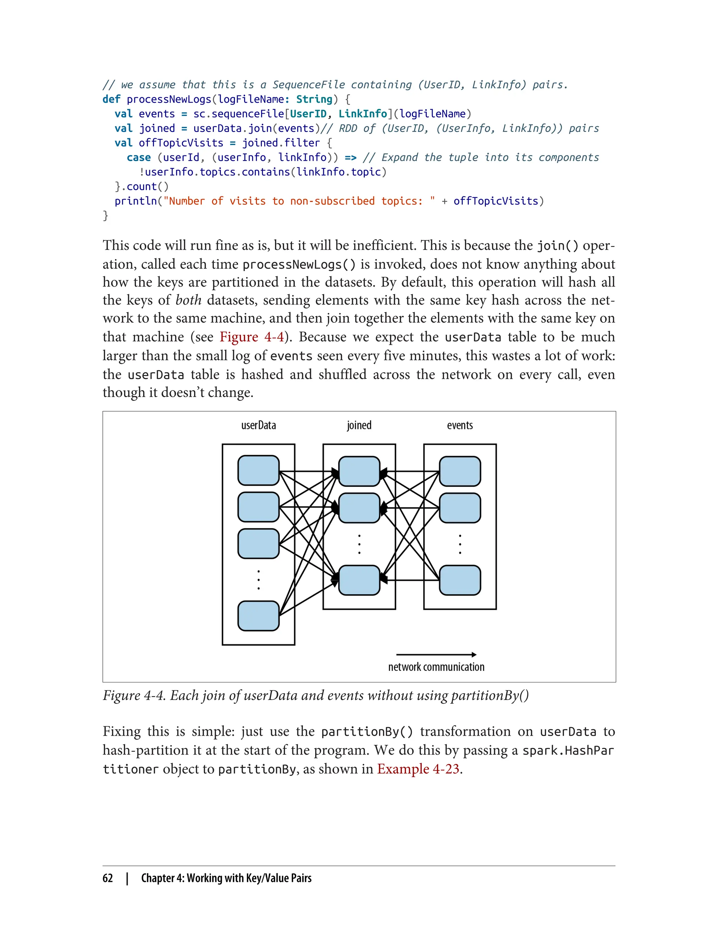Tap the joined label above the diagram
[x=359, y=426]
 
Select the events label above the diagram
[x=460, y=426]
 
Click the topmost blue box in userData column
[x=259, y=470]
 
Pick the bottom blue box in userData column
[x=259, y=616]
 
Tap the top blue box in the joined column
[x=359, y=471]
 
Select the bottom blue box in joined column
[x=359, y=580]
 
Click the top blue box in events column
[x=460, y=471]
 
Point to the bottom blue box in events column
[x=460, y=580]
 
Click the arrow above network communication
[x=436, y=655]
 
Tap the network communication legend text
[x=436, y=667]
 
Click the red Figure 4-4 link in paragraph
[x=252, y=337]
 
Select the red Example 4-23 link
[x=418, y=769]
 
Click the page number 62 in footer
[x=108, y=878]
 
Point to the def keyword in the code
[x=111, y=99]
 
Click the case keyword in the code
[x=138, y=158]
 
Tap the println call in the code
[x=135, y=201]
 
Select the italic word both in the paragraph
[x=189, y=300]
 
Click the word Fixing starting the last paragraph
[x=121, y=732]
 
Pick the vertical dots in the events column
[x=460, y=544]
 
